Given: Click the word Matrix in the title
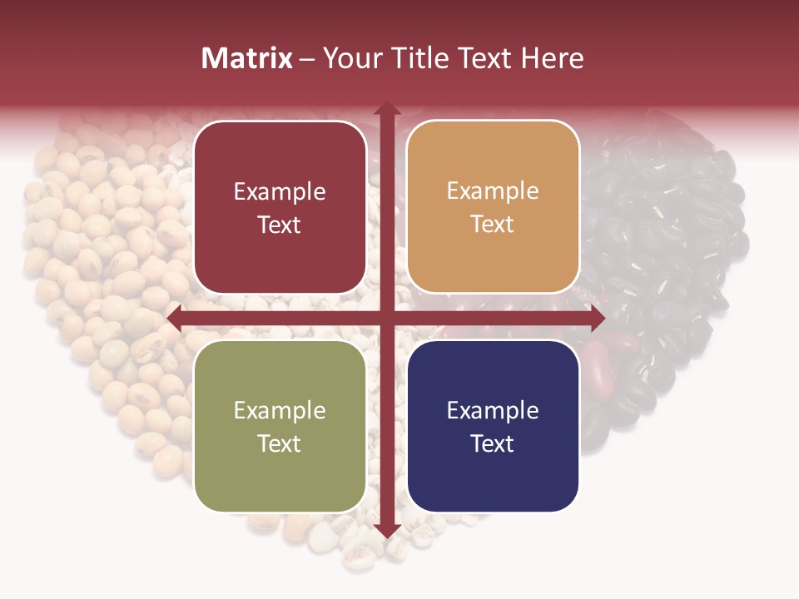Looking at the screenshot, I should (x=247, y=58).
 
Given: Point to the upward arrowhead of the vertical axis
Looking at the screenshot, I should (x=386, y=109).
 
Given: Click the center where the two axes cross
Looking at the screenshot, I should (x=386, y=318).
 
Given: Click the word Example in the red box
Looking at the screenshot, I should (x=280, y=192).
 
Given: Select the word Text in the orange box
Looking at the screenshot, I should (x=493, y=225).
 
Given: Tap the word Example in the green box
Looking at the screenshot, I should (x=280, y=411).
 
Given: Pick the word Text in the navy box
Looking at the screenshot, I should (x=493, y=443).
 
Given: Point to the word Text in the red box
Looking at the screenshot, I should (x=280, y=225).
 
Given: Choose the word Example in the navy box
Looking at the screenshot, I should (x=493, y=411).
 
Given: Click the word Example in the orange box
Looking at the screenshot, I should (x=493, y=192).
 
